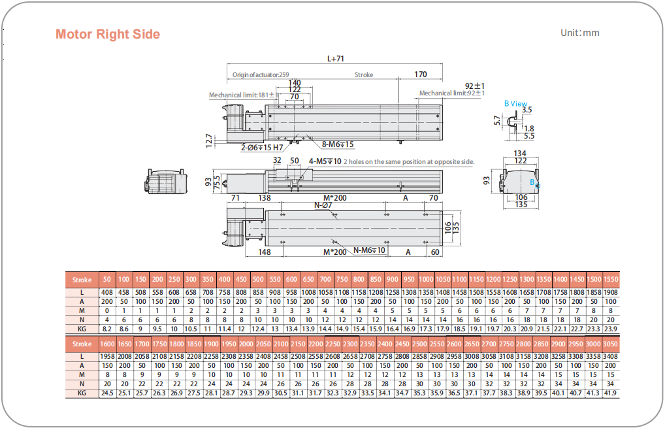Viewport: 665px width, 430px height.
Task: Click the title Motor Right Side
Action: [108, 34]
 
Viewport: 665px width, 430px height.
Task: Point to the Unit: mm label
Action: [579, 33]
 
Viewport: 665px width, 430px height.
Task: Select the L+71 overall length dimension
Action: [335, 58]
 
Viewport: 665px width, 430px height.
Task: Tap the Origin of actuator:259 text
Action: [261, 74]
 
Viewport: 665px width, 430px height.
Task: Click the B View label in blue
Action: [515, 103]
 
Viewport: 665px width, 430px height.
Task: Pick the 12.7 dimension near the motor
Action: [208, 140]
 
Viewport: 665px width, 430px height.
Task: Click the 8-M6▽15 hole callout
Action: [338, 144]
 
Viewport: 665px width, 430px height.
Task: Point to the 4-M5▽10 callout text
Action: [325, 161]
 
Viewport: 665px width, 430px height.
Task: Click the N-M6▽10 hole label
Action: [370, 250]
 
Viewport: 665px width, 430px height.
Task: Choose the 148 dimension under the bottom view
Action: [264, 252]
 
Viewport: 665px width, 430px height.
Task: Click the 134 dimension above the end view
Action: [520, 154]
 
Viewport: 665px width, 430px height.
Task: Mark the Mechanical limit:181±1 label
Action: [242, 95]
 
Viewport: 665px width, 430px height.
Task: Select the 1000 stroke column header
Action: [426, 280]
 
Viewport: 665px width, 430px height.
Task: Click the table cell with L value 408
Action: [107, 291]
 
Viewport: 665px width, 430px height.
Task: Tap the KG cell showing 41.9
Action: [610, 393]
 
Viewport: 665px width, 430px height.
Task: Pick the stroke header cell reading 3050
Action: [610, 344]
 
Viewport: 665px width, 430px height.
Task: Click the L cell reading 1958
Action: [107, 356]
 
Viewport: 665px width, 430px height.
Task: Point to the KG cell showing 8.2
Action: [107, 329]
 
